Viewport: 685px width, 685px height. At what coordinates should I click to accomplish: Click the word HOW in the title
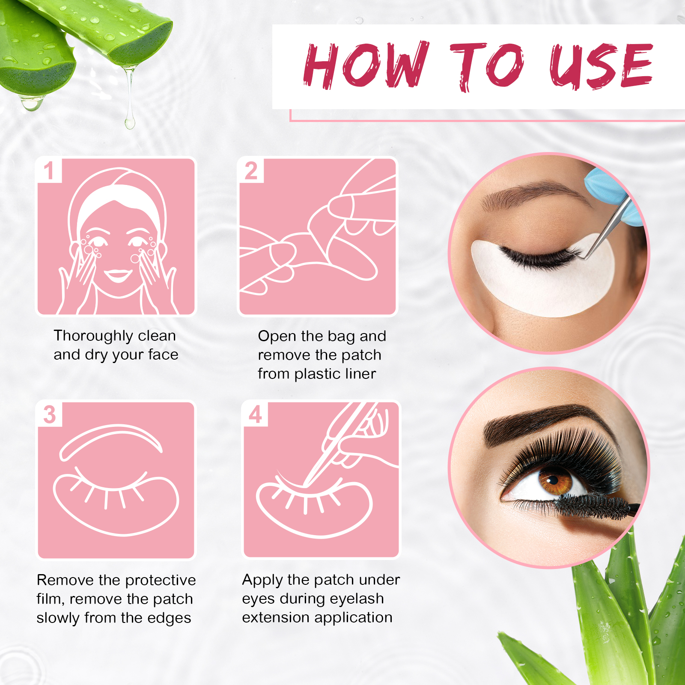[x=366, y=65]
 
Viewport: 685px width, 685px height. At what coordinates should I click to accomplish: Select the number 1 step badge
[x=49, y=170]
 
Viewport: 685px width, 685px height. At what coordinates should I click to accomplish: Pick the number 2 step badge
[x=251, y=170]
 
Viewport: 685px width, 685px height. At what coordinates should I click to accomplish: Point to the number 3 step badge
[x=50, y=414]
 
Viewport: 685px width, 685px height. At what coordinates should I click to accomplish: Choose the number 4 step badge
[x=255, y=414]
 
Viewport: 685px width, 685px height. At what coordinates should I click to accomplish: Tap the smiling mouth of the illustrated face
[x=117, y=275]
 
